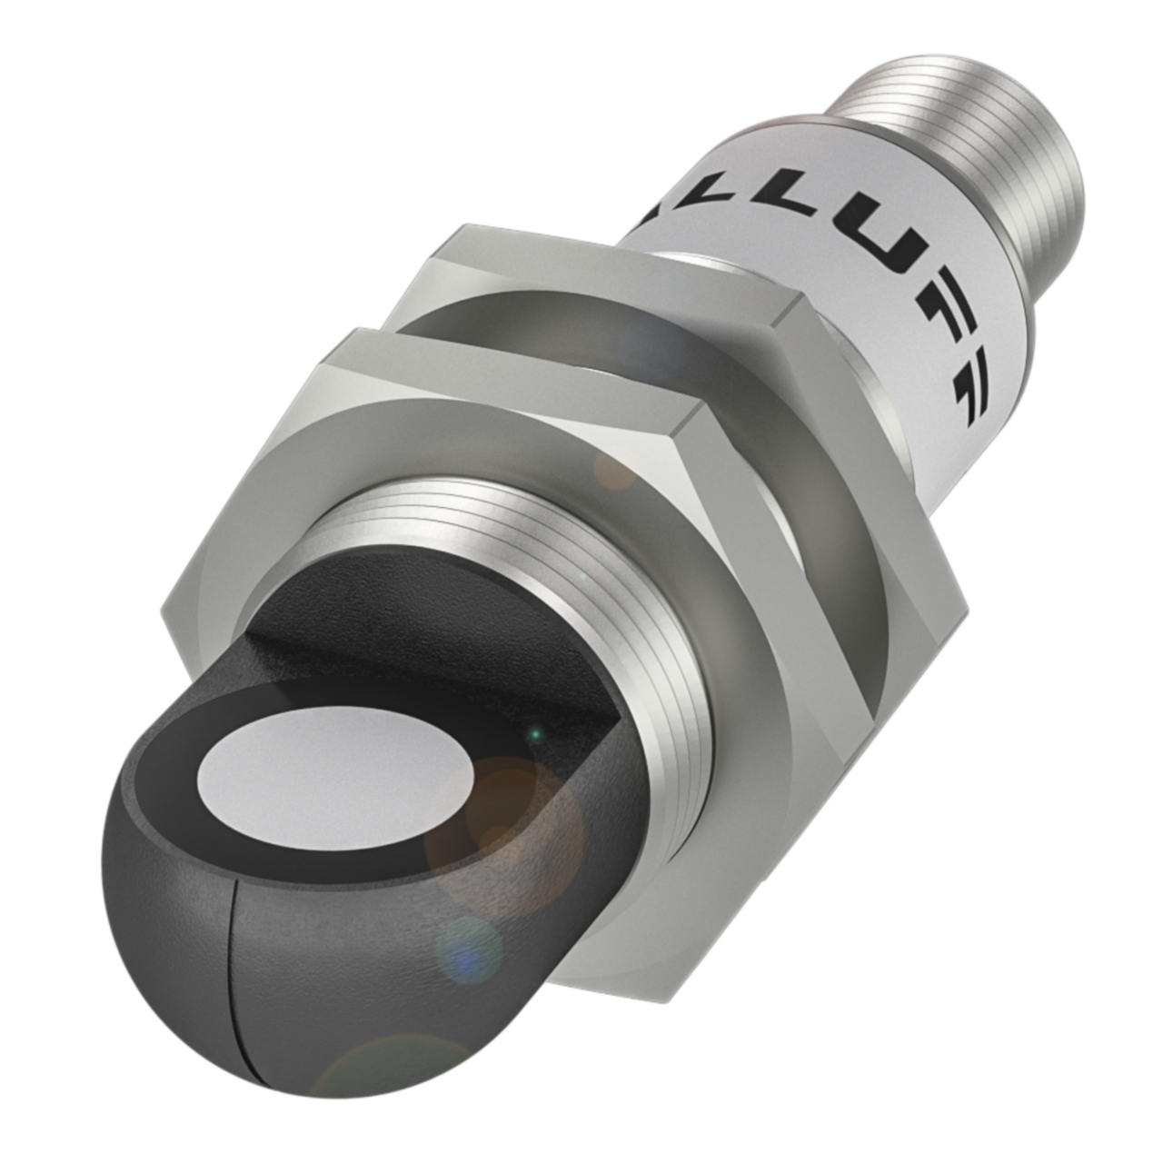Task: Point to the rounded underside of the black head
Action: (x=182, y=909)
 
